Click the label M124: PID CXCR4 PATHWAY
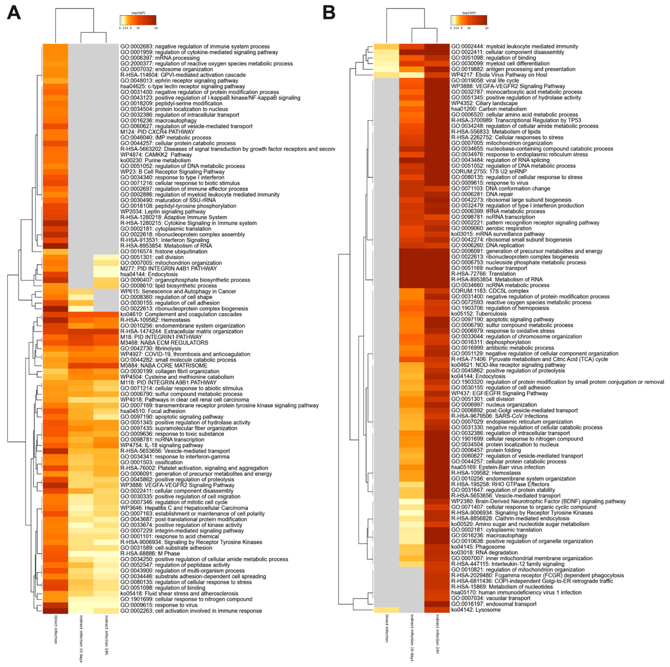pyautogui.click(x=158, y=132)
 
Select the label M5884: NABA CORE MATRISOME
pyautogui.click(x=164, y=365)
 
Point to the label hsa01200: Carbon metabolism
pyautogui.click(x=489, y=109)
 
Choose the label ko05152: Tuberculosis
pyautogui.click(x=479, y=314)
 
